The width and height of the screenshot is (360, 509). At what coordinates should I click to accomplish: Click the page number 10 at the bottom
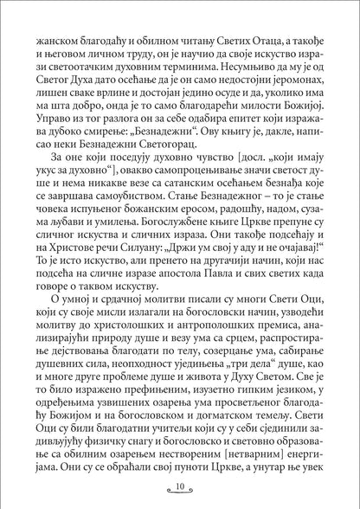tap(181, 486)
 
